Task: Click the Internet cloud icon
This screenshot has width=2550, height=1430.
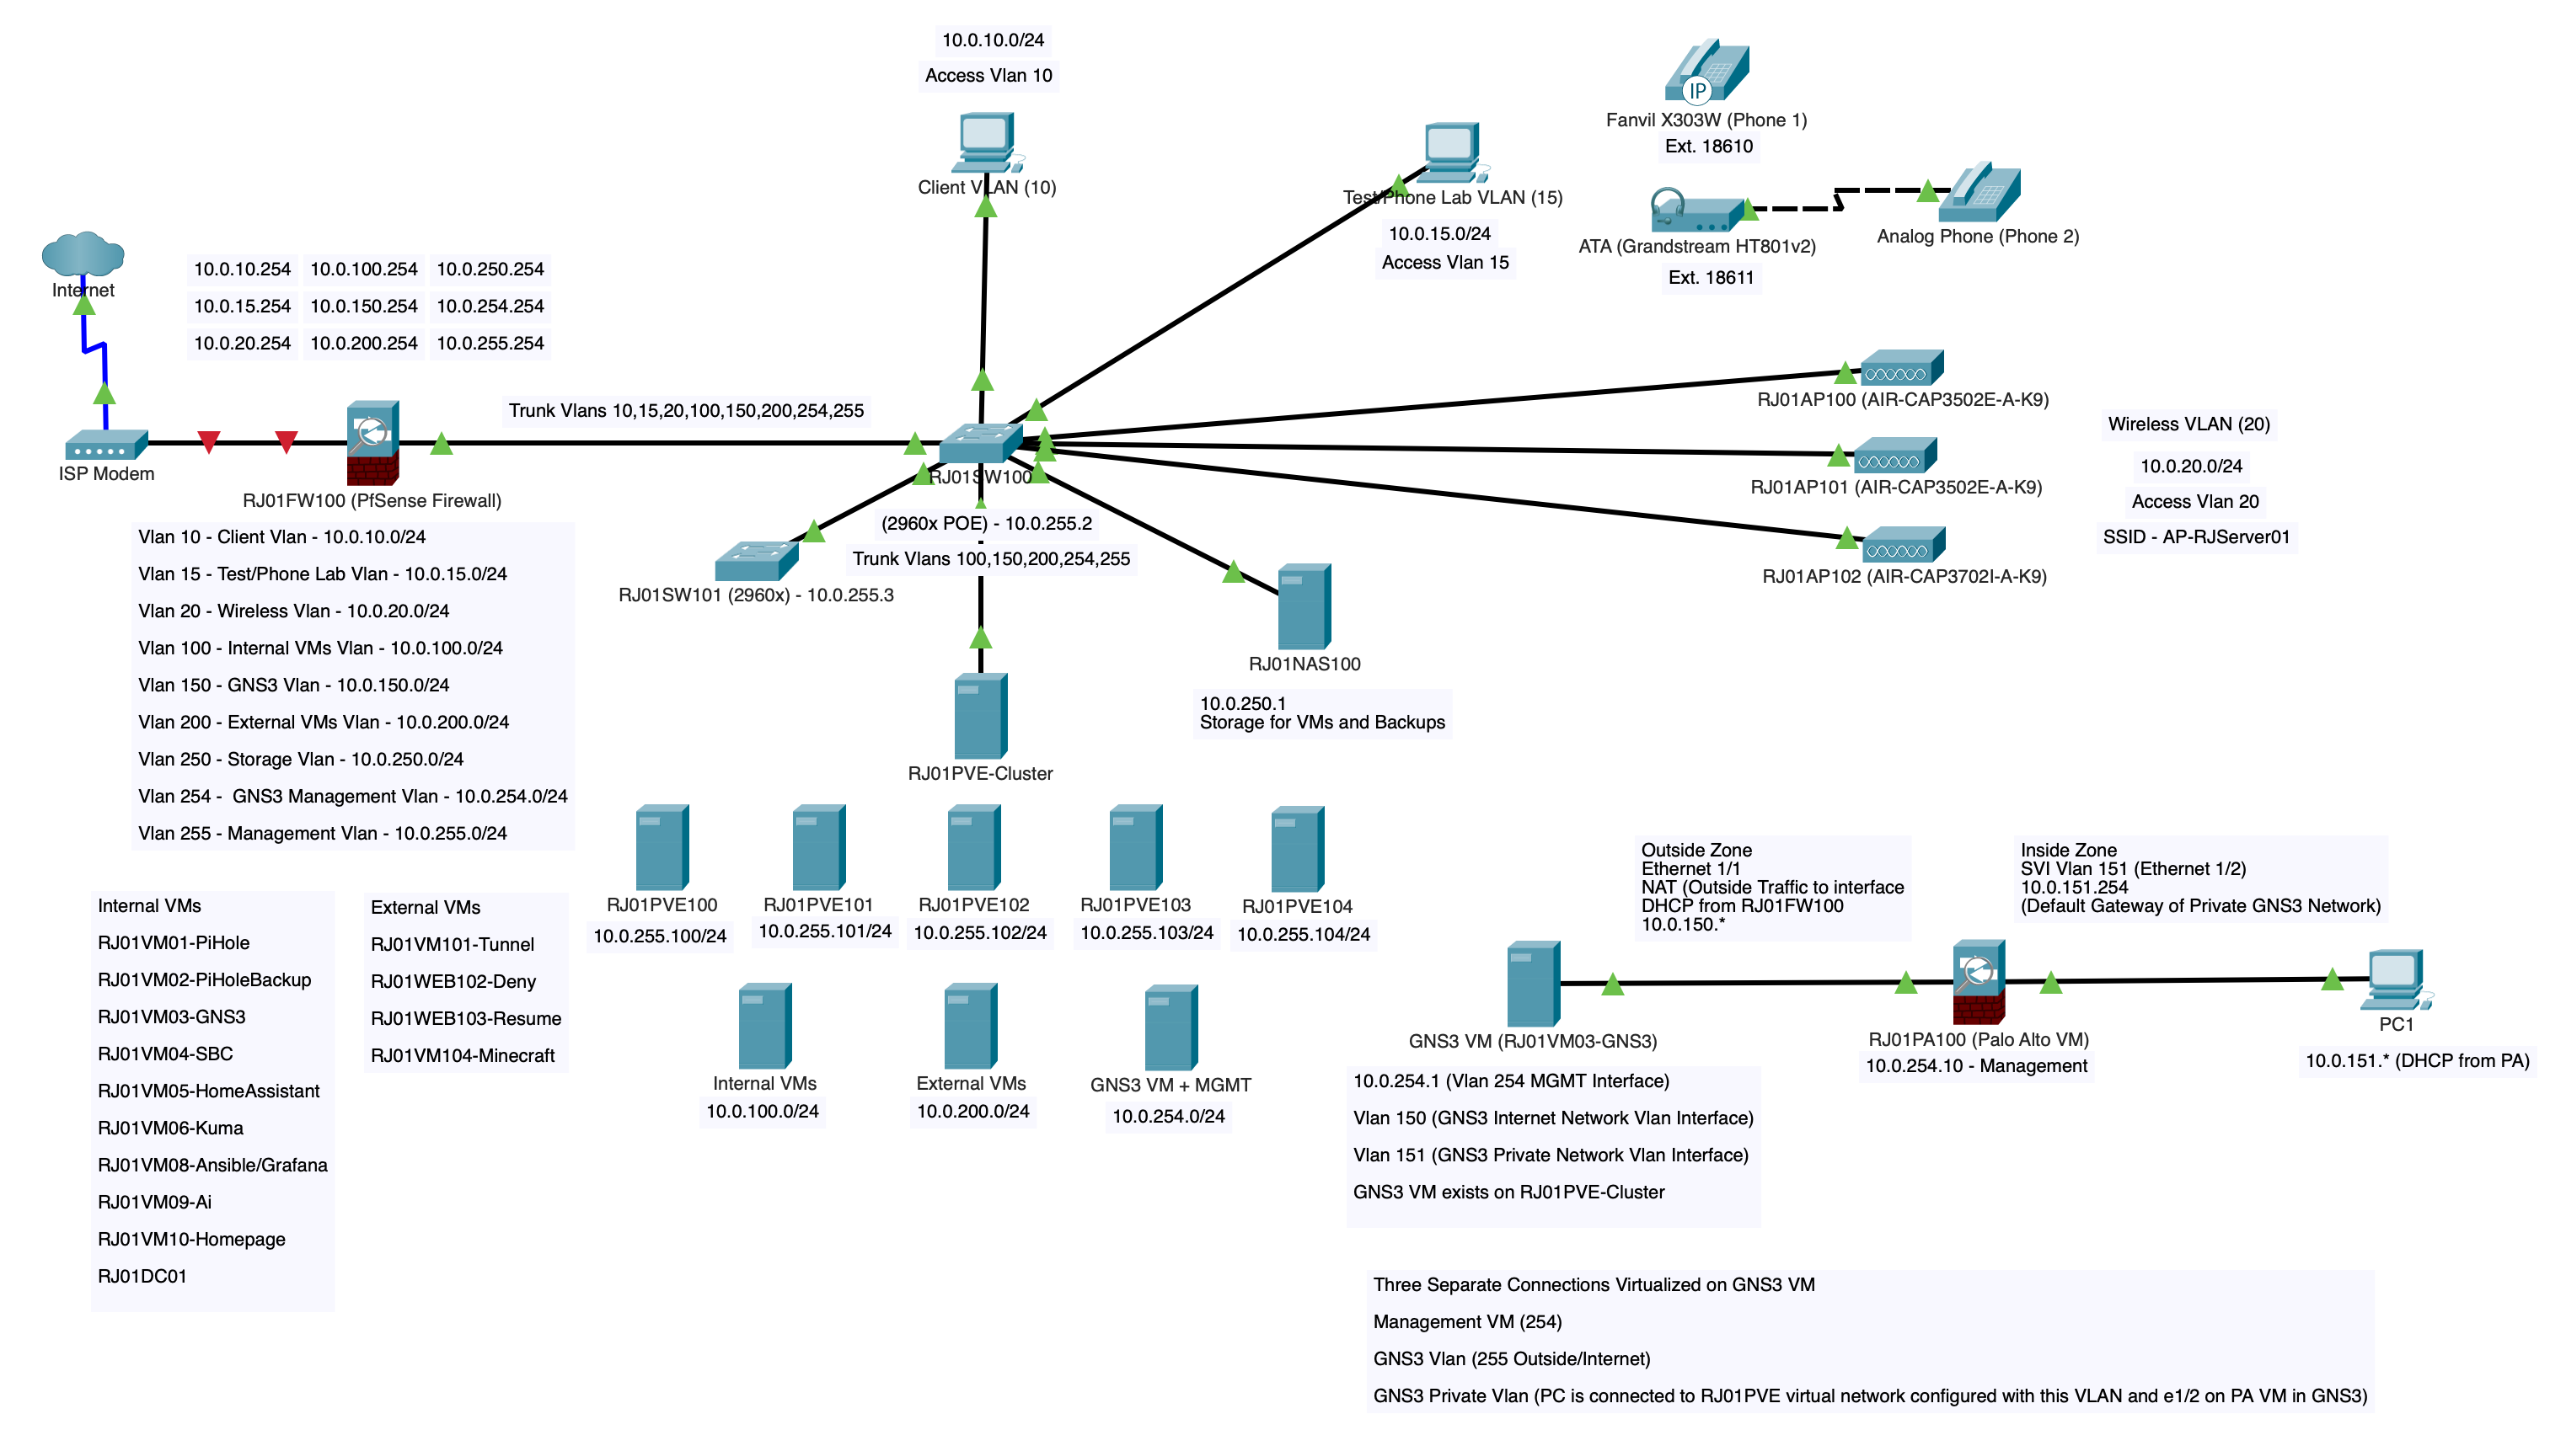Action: click(x=83, y=253)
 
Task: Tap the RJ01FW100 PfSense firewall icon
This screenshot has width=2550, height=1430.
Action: click(x=373, y=442)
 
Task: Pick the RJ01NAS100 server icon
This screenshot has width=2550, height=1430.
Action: click(x=1304, y=606)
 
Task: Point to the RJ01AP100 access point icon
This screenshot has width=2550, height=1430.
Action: click(x=1902, y=368)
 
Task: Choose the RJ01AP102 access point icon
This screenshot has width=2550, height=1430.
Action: click(x=1903, y=544)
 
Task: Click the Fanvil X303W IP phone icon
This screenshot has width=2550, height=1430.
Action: click(x=1706, y=72)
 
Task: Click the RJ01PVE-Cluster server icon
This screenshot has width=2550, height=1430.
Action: click(x=980, y=716)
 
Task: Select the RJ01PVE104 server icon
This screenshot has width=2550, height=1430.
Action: click(x=1297, y=848)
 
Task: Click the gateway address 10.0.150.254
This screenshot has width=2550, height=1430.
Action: click(x=363, y=306)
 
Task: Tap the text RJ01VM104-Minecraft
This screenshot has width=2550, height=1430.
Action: click(x=463, y=1055)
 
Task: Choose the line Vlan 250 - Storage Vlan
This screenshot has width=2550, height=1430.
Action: click(x=301, y=759)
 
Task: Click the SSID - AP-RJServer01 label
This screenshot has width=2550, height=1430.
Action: click(x=2195, y=536)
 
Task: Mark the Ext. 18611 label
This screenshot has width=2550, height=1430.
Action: click(x=1710, y=277)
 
